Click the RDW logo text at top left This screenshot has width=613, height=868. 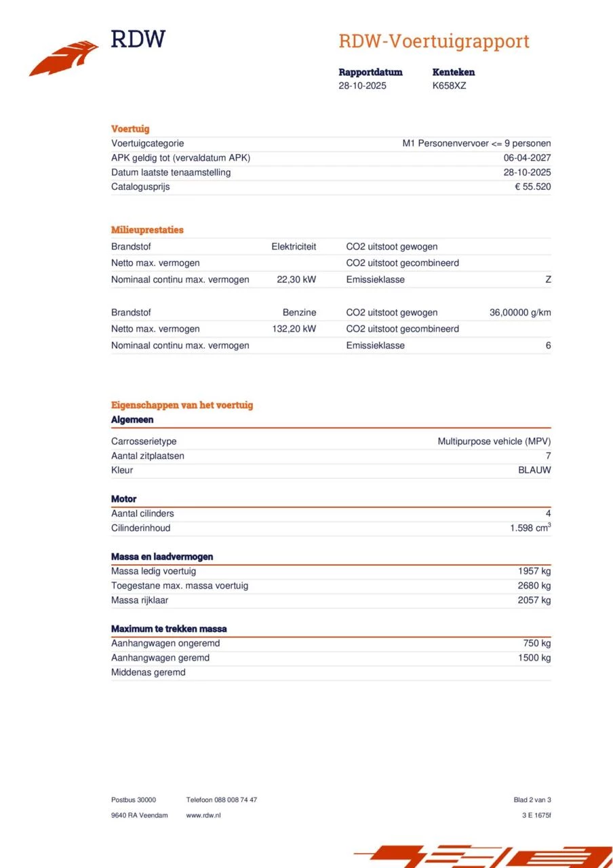tap(138, 39)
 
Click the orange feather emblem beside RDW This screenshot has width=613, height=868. tap(64, 59)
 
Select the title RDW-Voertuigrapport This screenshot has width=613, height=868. tap(433, 41)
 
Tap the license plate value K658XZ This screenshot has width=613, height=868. tap(449, 86)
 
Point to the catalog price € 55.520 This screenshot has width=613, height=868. tap(532, 186)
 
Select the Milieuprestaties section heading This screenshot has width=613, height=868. tap(147, 230)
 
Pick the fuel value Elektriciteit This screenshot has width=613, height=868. tap(294, 247)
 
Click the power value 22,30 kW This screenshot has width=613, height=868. tap(296, 279)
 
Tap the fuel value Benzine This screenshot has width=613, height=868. tap(299, 313)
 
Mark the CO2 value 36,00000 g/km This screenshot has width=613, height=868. tap(520, 313)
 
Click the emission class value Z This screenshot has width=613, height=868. tap(548, 279)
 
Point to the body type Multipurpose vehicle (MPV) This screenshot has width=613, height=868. tap(494, 441)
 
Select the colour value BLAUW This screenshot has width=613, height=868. tap(534, 470)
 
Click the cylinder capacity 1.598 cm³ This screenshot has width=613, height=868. tap(530, 528)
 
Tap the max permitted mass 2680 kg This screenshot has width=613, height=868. tap(534, 585)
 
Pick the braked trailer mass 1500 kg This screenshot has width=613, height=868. tap(534, 658)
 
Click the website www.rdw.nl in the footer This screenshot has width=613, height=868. tap(203, 815)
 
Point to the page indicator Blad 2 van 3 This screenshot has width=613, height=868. tap(532, 800)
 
